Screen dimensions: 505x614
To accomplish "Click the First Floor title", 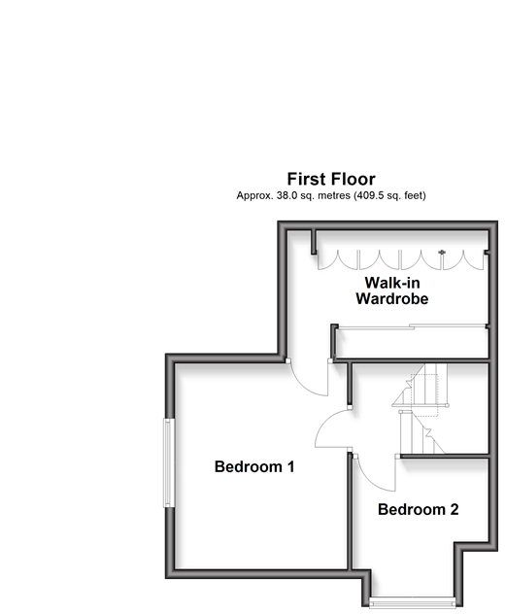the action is (x=331, y=180).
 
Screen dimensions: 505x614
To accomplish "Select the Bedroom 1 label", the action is (x=254, y=466).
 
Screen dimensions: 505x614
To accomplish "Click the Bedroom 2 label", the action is (x=419, y=509).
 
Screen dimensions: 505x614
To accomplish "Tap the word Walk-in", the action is (x=392, y=283).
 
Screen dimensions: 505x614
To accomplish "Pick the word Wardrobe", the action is (x=392, y=299).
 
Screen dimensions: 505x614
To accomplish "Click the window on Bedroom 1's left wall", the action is (x=169, y=462).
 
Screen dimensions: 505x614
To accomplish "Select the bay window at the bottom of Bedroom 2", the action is (x=412, y=602).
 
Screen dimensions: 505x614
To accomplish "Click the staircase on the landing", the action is (x=421, y=409).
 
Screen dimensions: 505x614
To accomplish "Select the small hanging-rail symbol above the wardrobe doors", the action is (x=442, y=252).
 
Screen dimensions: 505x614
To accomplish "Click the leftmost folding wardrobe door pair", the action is (x=338, y=260).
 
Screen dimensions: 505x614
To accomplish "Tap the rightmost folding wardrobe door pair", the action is (x=463, y=260).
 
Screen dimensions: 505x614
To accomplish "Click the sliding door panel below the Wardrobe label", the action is (x=411, y=326).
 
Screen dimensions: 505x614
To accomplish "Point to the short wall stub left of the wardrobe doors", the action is (x=314, y=242).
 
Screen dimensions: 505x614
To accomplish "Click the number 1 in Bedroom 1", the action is (x=290, y=466).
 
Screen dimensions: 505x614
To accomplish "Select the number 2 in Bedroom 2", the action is (x=454, y=509).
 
